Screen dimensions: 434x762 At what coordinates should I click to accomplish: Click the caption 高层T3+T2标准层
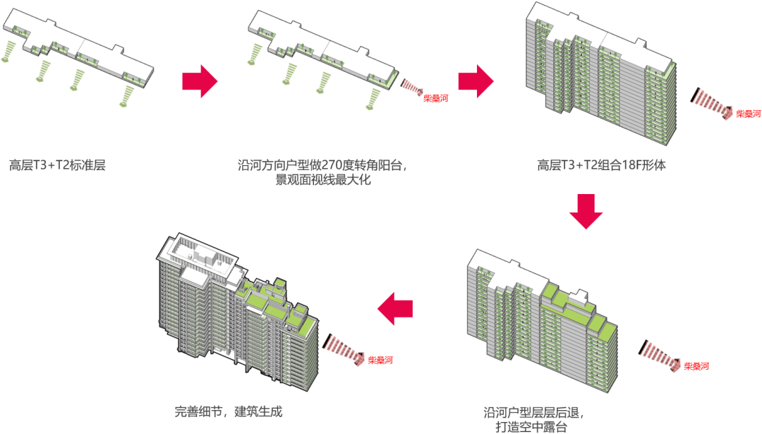point(57,167)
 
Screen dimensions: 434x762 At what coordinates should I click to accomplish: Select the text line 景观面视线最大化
point(323,181)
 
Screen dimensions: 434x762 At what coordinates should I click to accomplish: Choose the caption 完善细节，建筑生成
point(229,411)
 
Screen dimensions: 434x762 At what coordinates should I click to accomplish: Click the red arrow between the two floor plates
point(200,81)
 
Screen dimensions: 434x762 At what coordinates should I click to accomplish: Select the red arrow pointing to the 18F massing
point(476,81)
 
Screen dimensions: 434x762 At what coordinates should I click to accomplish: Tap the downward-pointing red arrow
point(586,210)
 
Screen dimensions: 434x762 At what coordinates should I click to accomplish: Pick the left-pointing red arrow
point(396,308)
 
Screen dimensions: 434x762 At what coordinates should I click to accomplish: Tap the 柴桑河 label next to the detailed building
point(380,361)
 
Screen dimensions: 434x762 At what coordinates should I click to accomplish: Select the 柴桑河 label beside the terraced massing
point(696,366)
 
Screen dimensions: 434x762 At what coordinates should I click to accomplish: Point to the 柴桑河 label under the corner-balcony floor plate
point(435,99)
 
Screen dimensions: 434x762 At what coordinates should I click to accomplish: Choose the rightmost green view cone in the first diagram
point(127,95)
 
